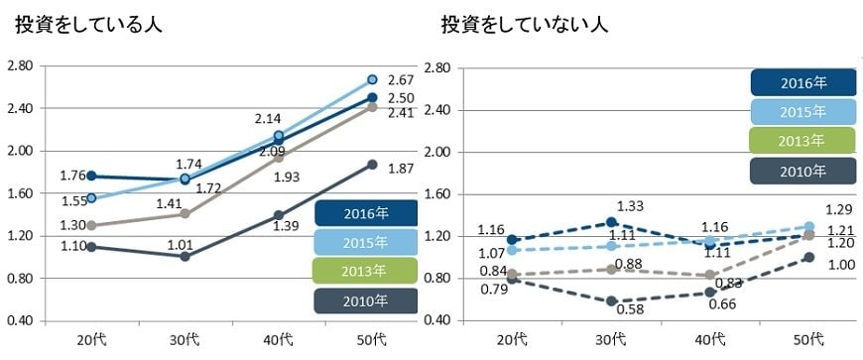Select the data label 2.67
[400, 79]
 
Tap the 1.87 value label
[400, 170]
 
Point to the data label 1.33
[632, 206]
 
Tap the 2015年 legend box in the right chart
[802, 111]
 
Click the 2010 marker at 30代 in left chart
[184, 256]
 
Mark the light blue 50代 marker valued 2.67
[372, 79]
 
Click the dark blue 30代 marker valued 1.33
[612, 222]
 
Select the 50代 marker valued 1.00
[809, 257]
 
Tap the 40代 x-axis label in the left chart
[280, 340]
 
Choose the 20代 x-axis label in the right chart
[513, 340]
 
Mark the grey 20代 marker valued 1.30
[91, 225]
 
